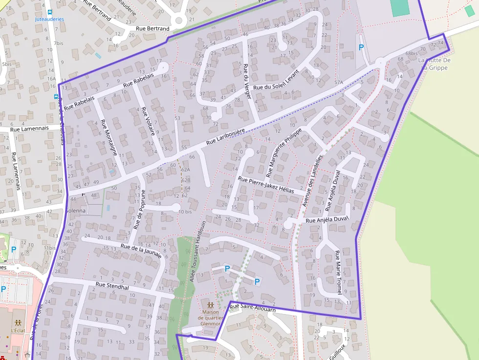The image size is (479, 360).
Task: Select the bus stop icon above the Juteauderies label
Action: (50, 12)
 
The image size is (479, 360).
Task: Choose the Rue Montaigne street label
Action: (109, 137)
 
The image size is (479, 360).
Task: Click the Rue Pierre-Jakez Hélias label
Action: (266, 185)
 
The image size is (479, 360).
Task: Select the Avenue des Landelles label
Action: (313, 181)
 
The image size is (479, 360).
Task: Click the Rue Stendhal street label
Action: (112, 287)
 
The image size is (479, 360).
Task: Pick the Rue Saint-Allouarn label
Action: (253, 308)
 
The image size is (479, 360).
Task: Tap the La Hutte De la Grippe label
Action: (434, 64)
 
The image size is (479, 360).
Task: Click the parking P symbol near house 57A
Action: (361, 47)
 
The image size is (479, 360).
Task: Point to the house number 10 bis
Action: (185, 212)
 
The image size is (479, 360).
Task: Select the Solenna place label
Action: (76, 211)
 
